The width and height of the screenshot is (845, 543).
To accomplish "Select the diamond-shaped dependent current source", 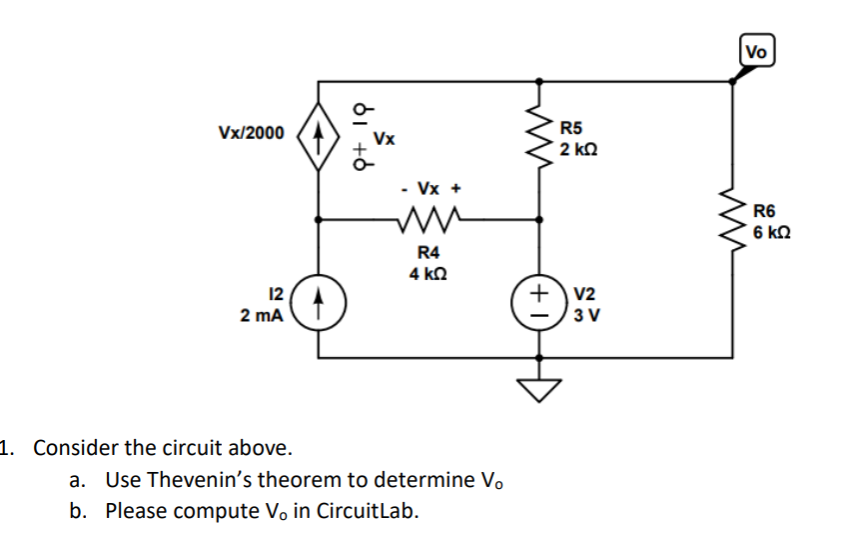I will click(319, 133).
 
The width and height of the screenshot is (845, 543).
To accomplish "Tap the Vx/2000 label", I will click(251, 133).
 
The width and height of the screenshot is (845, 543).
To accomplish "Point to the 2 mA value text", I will click(262, 315).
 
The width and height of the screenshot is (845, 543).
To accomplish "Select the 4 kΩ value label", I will click(427, 274).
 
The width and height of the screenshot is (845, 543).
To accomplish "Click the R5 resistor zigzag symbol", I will click(540, 139).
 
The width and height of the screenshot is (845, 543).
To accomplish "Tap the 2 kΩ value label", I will click(579, 149).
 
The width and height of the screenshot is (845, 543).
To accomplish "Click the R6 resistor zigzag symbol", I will click(735, 221).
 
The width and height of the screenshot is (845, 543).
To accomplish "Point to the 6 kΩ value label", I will click(772, 232).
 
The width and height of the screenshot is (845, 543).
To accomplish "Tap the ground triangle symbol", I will click(540, 386).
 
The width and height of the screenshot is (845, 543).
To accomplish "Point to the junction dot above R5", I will click(540, 81).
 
